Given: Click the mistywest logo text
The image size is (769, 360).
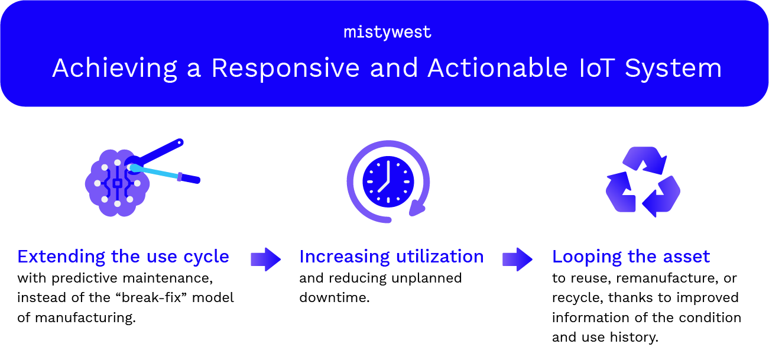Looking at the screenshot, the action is tap(387, 33).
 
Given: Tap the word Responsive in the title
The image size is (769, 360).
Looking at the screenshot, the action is tap(285, 68).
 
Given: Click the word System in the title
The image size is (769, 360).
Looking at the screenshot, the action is tap(673, 69).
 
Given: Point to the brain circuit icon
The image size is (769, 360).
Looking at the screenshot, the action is tap(117, 183).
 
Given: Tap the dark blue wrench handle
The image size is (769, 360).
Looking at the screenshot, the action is tap(158, 151).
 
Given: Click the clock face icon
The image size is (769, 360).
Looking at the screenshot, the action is tap(388, 181).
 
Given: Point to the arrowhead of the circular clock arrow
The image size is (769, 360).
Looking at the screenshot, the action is tap(417, 208).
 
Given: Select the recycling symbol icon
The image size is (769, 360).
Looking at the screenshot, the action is tap(643, 182).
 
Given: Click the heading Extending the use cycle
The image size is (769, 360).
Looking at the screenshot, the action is tap(124, 257).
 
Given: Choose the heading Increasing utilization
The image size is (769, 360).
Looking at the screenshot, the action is tap(391, 257).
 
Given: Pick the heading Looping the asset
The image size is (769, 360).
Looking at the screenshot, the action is tap(631, 257).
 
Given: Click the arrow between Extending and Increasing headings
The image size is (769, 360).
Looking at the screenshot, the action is tap(266, 260).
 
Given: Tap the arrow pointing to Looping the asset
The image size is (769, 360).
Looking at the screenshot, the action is tap(517, 260).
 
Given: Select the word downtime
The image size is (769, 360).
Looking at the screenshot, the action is tap(335, 297).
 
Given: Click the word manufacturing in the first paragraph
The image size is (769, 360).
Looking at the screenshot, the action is tap(85, 318).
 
